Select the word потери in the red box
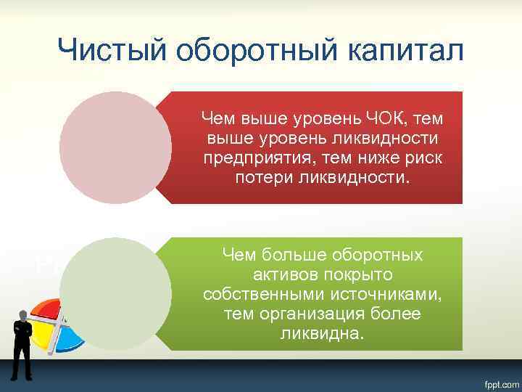264,177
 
